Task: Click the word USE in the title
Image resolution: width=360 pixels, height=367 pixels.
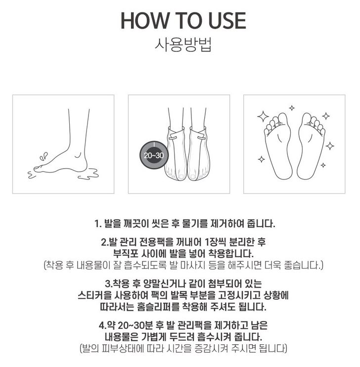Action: coord(227,21)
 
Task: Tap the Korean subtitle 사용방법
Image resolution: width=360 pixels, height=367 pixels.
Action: coord(183,44)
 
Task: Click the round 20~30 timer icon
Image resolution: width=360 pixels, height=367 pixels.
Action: coord(154,155)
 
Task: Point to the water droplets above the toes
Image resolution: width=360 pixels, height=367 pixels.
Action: coord(44,156)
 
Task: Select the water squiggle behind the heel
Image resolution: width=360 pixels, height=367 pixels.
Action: coord(89,174)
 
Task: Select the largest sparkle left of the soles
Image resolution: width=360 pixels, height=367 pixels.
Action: coord(263,117)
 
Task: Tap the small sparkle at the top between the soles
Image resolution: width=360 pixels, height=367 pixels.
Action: coord(292,108)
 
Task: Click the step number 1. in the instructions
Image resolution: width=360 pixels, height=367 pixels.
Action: coord(98,224)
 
